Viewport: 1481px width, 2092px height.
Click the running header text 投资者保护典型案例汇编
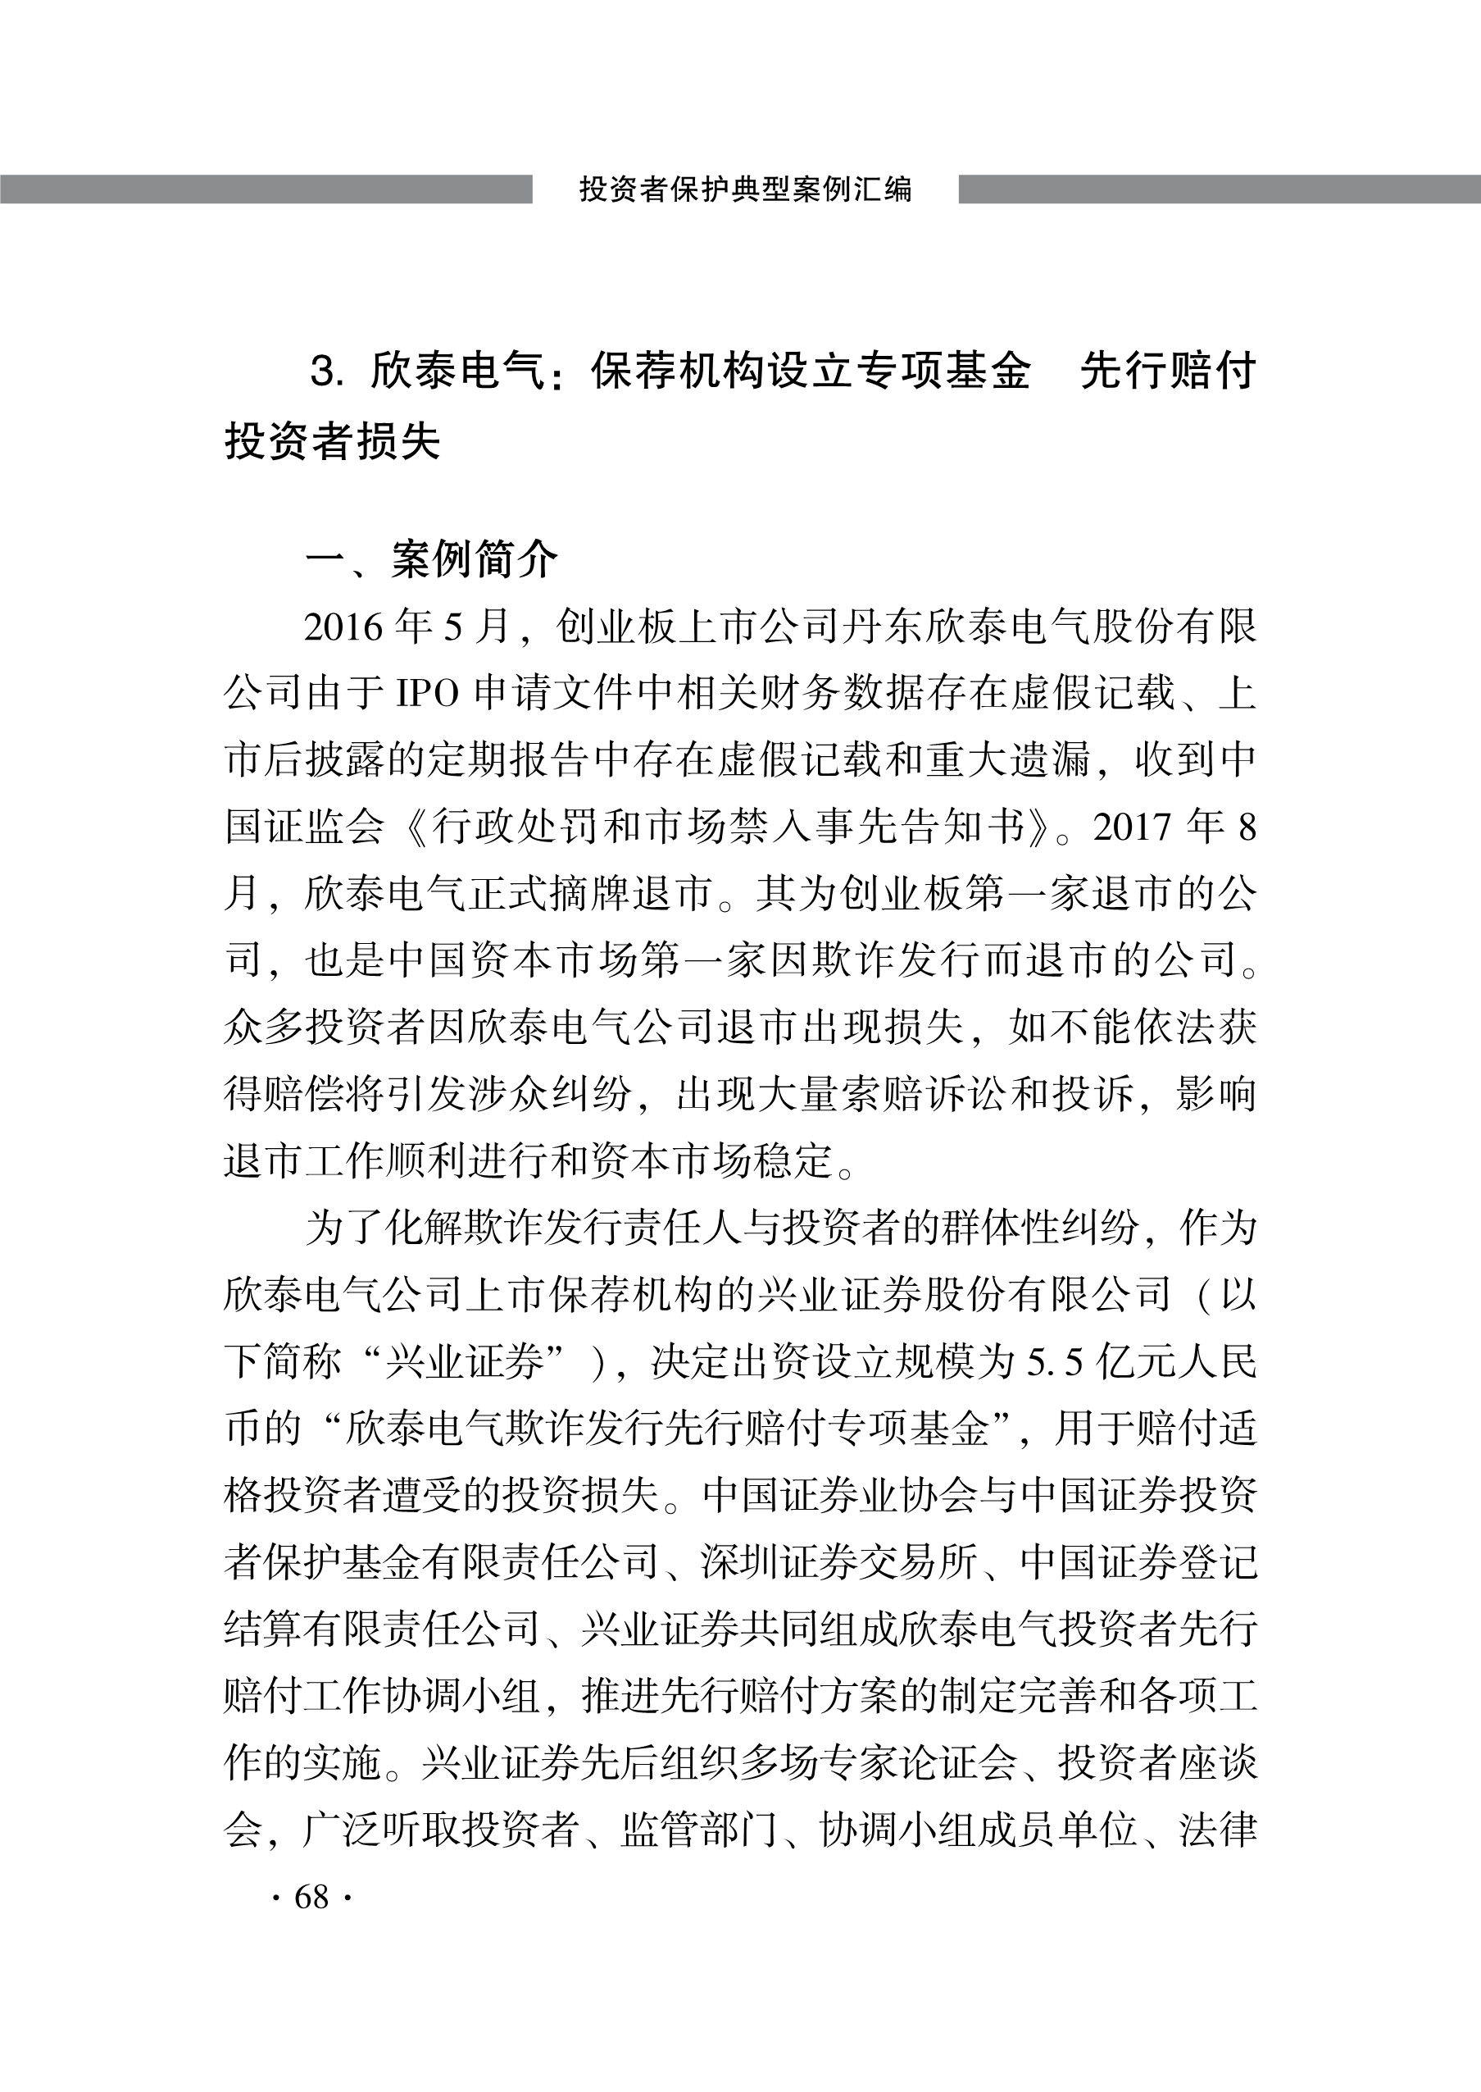(x=745, y=189)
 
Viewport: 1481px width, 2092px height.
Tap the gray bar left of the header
(x=266, y=189)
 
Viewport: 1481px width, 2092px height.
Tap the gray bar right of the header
(x=1220, y=189)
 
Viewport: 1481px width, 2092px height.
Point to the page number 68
(x=311, y=1897)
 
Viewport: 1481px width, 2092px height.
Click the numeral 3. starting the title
(x=326, y=372)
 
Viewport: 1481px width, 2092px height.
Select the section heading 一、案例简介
(x=430, y=559)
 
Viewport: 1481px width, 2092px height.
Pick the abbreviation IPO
(x=427, y=695)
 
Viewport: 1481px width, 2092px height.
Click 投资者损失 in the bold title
(x=332, y=441)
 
